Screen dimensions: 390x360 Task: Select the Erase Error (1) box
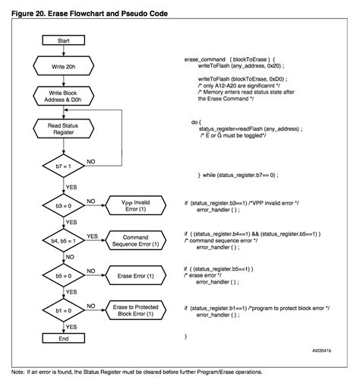tap(136, 275)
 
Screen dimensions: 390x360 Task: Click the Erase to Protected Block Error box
tap(136, 310)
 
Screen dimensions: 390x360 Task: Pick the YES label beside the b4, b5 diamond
tap(92, 236)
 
